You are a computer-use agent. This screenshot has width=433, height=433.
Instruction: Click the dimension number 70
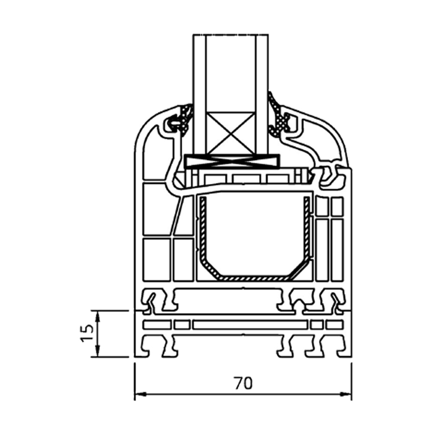tap(243, 383)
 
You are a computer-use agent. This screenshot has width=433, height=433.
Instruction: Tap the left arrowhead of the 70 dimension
tap(140, 394)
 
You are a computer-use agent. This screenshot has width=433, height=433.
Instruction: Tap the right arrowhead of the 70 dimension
tap(346, 394)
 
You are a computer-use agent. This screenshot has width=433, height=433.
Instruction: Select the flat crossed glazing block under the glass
tap(232, 162)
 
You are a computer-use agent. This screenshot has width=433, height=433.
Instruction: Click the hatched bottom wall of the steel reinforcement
tap(255, 278)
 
